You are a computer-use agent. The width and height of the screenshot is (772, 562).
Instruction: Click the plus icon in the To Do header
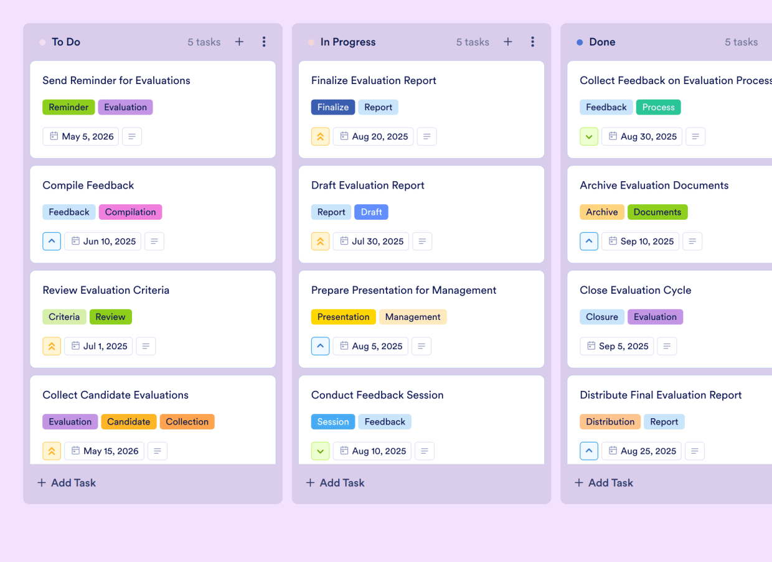click(239, 42)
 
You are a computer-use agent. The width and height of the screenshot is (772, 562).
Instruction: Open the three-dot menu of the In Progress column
click(532, 42)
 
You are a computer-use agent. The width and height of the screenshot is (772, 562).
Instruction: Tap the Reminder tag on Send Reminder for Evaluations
click(68, 107)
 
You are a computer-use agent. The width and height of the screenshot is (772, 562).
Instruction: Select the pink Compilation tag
click(130, 212)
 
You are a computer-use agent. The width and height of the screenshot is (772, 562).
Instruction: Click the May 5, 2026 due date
click(81, 136)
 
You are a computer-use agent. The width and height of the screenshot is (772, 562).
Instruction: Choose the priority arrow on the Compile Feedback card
click(52, 241)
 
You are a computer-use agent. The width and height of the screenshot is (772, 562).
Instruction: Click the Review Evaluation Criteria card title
click(106, 290)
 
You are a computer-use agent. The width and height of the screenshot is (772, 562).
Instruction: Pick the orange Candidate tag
click(128, 421)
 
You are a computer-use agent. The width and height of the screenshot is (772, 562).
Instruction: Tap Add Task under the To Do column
click(67, 482)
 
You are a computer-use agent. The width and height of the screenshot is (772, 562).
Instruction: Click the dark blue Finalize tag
click(333, 107)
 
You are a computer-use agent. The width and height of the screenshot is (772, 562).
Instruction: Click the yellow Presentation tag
click(343, 317)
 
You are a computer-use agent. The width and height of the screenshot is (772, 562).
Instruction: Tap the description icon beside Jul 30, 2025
click(422, 241)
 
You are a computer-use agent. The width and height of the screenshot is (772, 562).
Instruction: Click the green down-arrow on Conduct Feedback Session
click(320, 451)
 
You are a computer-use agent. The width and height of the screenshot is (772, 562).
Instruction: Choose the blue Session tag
click(333, 421)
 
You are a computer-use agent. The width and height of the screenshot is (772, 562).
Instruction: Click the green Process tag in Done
click(658, 107)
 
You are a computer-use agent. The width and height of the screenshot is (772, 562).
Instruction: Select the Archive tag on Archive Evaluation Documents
click(601, 212)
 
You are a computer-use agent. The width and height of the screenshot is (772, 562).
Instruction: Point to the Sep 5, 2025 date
click(616, 346)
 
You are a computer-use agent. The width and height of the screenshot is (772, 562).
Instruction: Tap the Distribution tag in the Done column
click(610, 421)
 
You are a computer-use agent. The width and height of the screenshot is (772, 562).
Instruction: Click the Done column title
click(602, 42)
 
